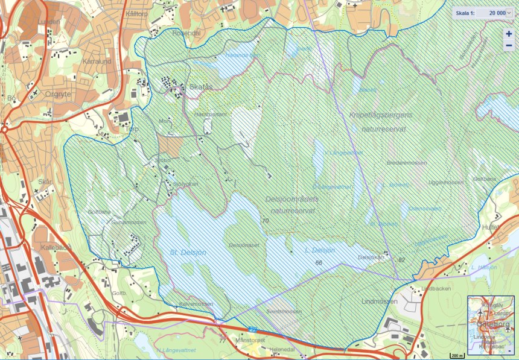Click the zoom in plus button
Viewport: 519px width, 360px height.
(509, 34)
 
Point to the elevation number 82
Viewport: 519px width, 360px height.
(401, 259)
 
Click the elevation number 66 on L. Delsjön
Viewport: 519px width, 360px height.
(319, 263)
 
